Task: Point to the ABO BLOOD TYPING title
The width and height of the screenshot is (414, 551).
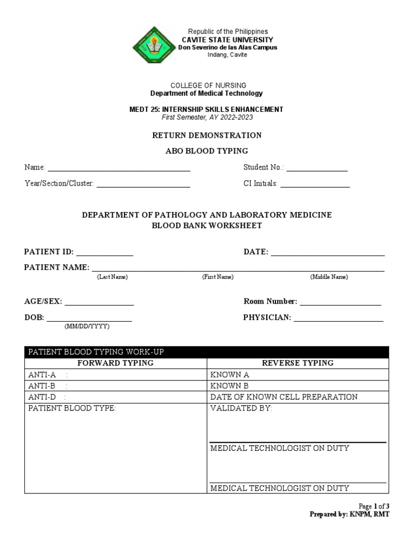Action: tap(206, 151)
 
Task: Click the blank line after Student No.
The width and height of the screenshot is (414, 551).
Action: tap(317, 169)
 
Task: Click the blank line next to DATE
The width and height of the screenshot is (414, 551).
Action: tap(328, 252)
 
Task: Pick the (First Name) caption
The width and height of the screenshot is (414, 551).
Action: tap(218, 277)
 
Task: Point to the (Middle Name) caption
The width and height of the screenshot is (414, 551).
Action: tap(329, 277)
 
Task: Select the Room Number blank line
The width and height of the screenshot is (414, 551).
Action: tap(340, 302)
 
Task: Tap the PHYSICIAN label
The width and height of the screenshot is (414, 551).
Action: tap(267, 317)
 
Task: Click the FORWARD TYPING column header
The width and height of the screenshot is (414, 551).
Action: tap(115, 363)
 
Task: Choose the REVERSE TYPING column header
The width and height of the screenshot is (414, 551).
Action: tap(298, 363)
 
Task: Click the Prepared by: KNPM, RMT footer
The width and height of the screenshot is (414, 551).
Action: tap(349, 514)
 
